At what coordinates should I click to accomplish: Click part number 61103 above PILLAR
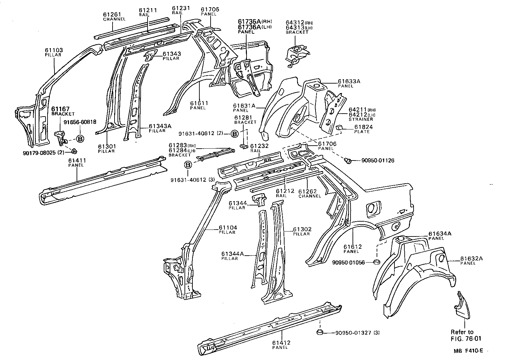(x=54, y=50)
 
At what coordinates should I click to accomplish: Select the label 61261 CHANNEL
(x=114, y=17)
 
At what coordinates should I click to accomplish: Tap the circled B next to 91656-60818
(x=80, y=138)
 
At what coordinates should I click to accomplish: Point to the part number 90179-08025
(x=39, y=153)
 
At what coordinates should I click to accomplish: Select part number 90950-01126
(x=378, y=161)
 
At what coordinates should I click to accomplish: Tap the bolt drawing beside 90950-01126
(x=347, y=161)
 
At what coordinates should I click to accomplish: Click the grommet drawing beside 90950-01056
(x=376, y=262)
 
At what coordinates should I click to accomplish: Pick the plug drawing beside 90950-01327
(x=320, y=332)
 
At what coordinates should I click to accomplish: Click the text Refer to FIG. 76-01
(x=462, y=335)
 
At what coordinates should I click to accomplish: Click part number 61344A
(x=232, y=254)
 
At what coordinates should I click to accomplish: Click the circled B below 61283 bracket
(x=188, y=165)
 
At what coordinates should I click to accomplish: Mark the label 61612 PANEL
(x=352, y=248)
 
